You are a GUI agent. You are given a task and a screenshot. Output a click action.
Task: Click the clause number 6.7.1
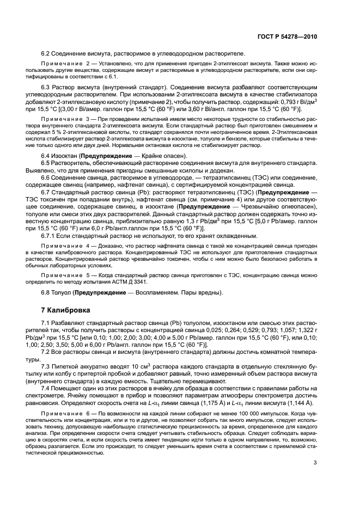click(x=49, y=236)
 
